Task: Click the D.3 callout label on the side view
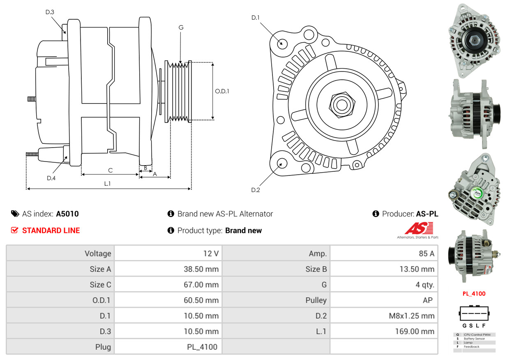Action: (x=50, y=12)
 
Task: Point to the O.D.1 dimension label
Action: (x=222, y=91)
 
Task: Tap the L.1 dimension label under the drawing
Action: (x=107, y=184)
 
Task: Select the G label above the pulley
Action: (x=181, y=28)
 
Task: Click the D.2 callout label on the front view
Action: (x=256, y=190)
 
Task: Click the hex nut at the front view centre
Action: (x=341, y=104)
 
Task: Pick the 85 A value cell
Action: (x=426, y=254)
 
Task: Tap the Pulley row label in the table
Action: (x=316, y=300)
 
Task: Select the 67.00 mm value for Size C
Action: (x=201, y=284)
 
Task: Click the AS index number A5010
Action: (x=67, y=214)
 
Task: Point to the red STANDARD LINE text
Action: (x=51, y=231)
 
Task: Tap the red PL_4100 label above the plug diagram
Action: (x=474, y=294)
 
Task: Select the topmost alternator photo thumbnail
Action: (x=474, y=40)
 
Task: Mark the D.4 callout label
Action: (x=51, y=178)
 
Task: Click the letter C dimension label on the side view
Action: (x=110, y=170)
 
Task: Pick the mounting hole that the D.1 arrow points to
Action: (x=282, y=43)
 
